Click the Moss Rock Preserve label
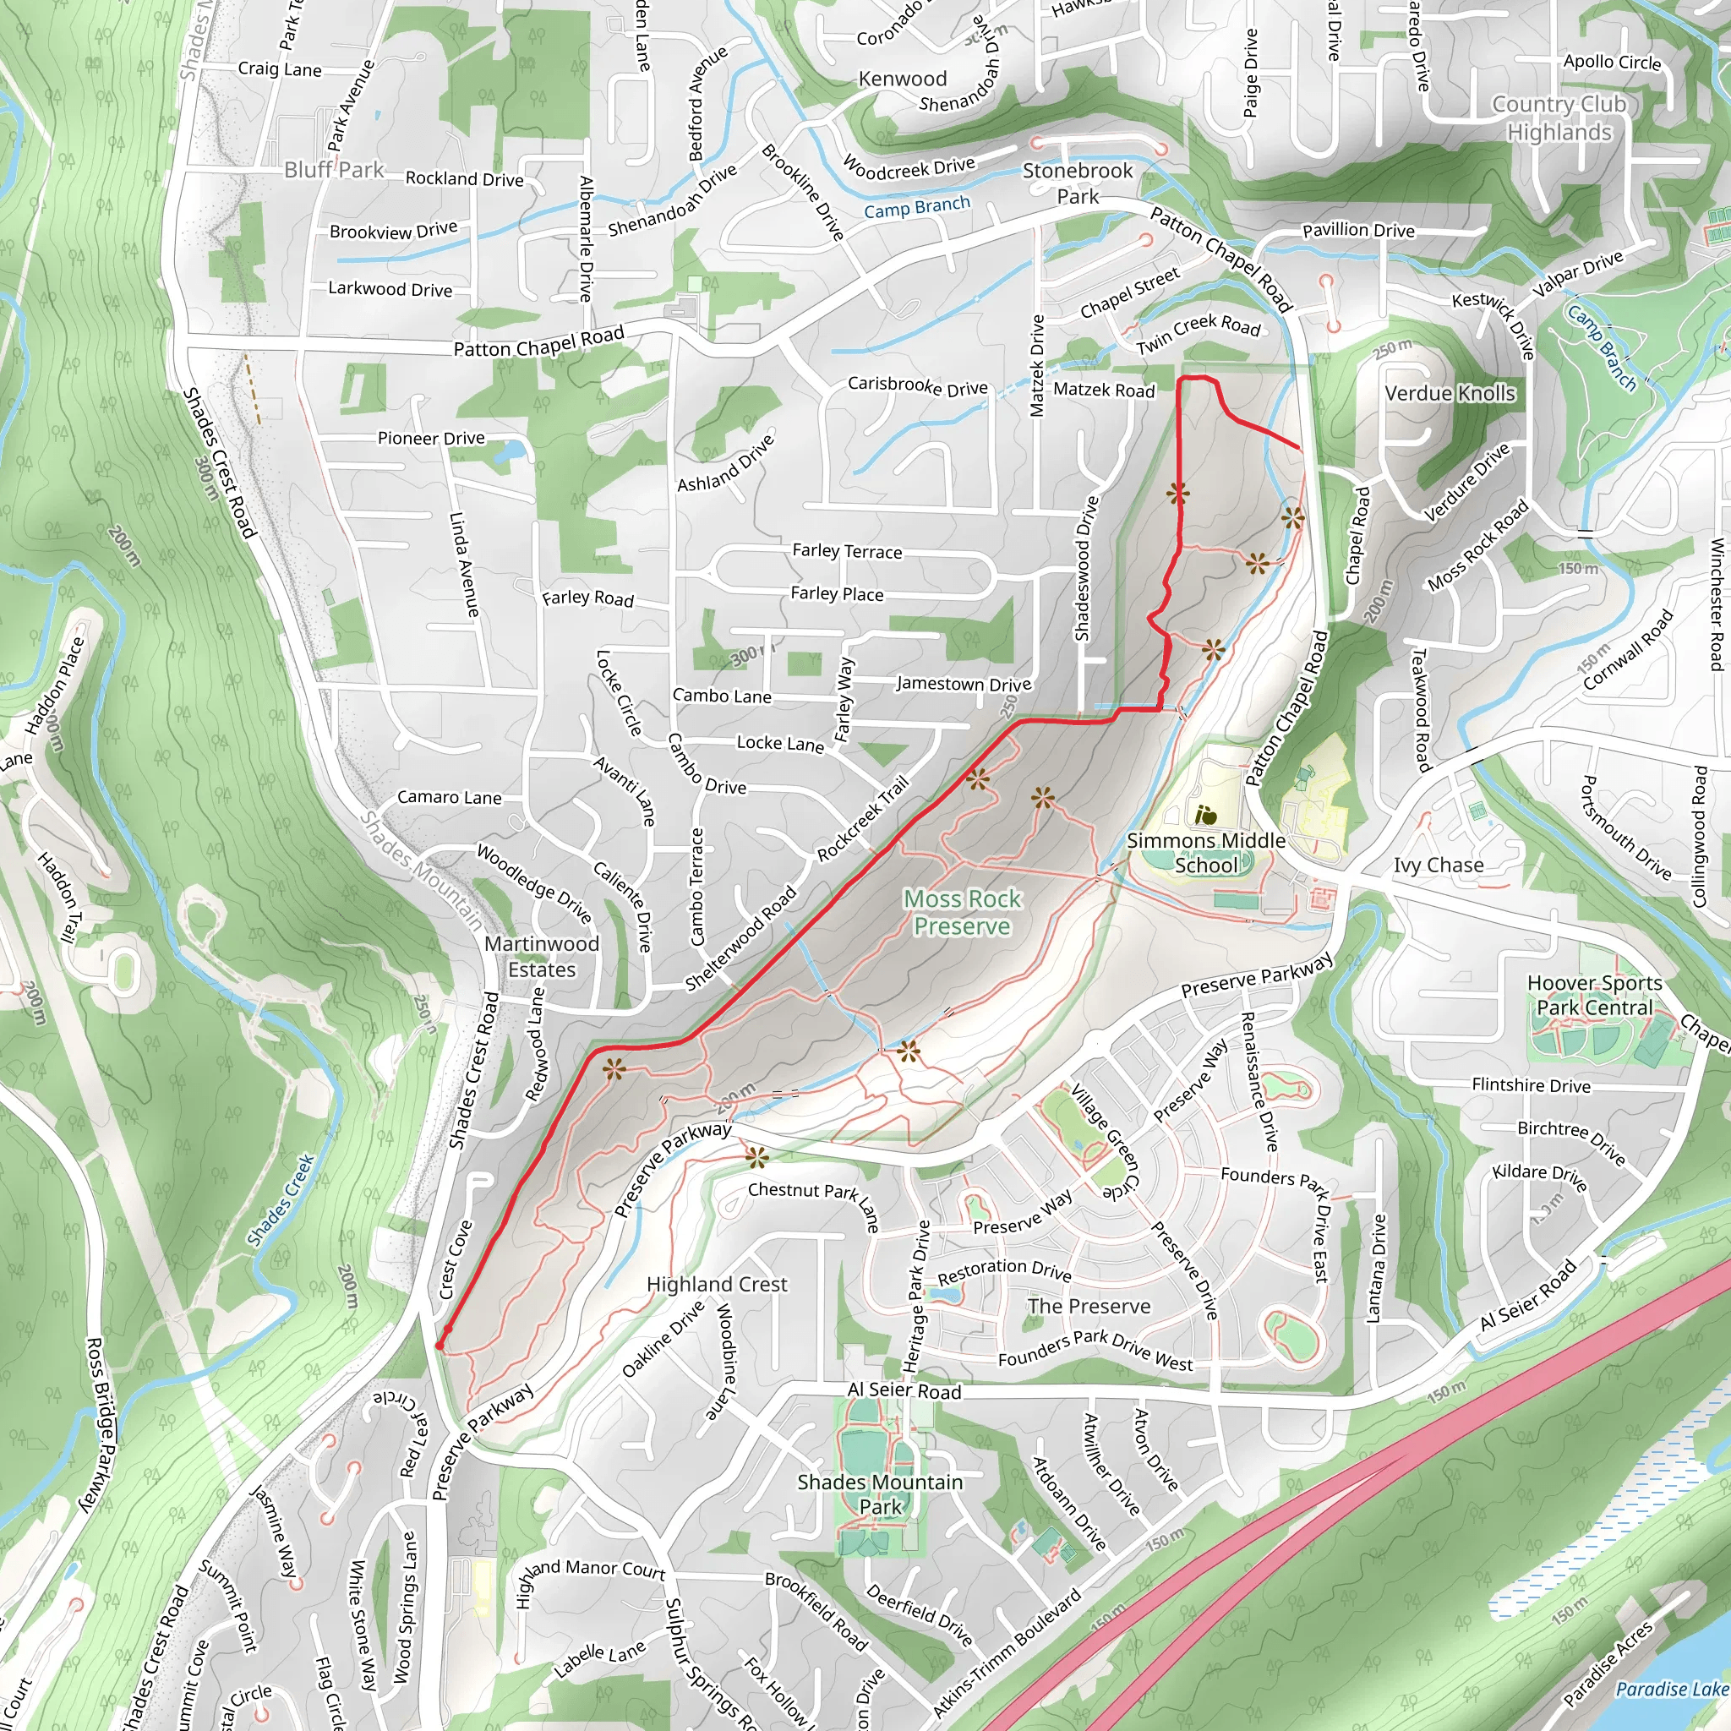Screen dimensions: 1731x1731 [961, 912]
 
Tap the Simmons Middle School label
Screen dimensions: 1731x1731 [1205, 852]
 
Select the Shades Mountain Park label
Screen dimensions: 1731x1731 [880, 1494]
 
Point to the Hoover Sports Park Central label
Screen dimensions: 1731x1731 [1594, 996]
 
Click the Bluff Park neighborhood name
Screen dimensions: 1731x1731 [333, 169]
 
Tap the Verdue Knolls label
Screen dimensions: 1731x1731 [1450, 393]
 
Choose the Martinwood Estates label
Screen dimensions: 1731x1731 [541, 956]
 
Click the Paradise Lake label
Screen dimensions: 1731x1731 [1672, 1689]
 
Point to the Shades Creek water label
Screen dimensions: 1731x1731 [281, 1199]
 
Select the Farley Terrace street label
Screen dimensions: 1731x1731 [847, 551]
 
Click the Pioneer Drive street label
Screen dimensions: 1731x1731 [431, 438]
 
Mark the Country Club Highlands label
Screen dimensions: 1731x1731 [1559, 118]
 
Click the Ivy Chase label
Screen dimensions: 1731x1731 [1438, 865]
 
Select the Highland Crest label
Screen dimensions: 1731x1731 [717, 1285]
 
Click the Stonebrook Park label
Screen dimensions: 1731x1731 [1078, 183]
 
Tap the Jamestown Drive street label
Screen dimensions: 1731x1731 [964, 684]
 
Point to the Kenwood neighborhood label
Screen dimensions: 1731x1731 [902, 79]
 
